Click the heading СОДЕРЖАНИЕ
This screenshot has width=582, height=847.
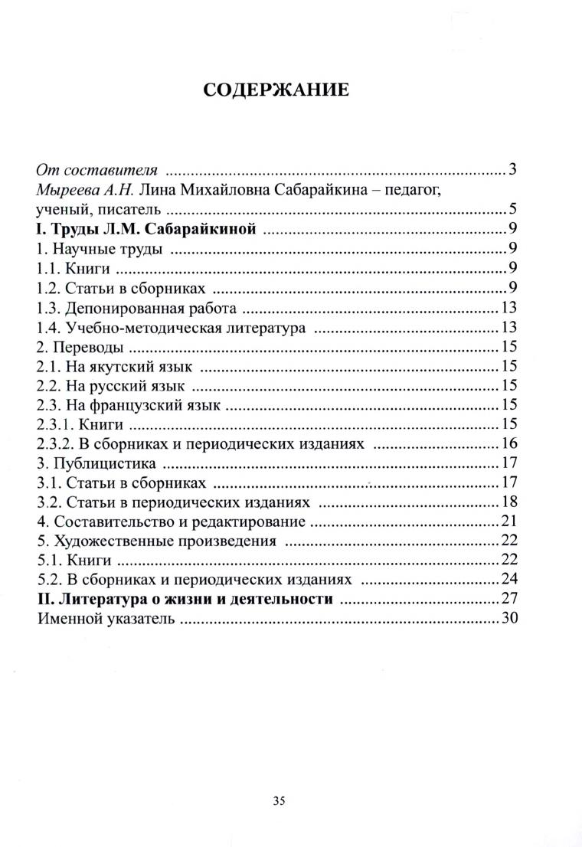point(276,90)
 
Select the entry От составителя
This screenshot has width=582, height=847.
point(97,169)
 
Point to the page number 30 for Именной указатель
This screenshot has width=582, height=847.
point(510,619)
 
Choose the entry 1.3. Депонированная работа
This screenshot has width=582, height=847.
point(135,308)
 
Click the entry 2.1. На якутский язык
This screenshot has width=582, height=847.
point(114,367)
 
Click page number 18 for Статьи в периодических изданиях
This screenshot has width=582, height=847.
point(510,502)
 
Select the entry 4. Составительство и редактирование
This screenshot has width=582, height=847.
point(172,522)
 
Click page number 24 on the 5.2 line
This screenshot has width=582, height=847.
point(510,580)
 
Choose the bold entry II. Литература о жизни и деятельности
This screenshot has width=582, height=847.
point(185,599)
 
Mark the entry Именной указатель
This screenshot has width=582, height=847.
point(105,619)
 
